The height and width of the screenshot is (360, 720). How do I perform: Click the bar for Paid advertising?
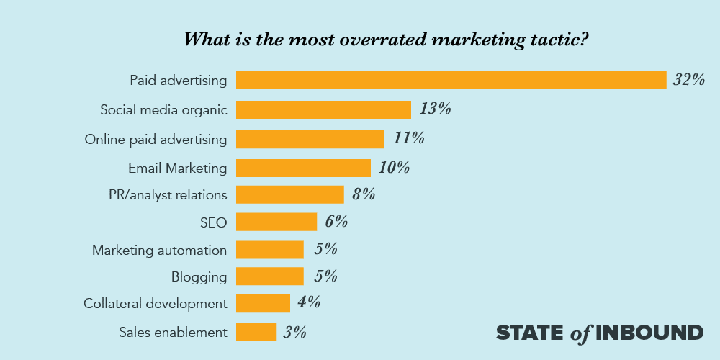pos(451,80)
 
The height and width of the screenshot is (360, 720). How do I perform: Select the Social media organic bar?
pos(323,109)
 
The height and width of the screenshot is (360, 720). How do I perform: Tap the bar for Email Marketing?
pos(303,168)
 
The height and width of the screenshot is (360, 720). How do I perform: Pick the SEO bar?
pos(276,222)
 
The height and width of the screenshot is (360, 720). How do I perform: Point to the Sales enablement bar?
pos(256,332)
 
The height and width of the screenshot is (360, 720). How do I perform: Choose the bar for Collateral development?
pos(263,303)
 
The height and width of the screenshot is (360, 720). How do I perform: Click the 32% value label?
pos(688,80)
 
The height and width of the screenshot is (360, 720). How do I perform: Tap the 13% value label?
pos(436,109)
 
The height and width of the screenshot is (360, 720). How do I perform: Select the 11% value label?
pos(408,138)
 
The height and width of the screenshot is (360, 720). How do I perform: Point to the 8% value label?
pos(364,194)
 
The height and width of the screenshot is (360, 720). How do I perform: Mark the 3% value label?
pos(295,332)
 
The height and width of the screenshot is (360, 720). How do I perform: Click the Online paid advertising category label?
pos(156,139)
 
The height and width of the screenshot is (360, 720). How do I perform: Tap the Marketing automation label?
pos(159,251)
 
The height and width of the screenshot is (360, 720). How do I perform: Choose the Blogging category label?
pos(199,277)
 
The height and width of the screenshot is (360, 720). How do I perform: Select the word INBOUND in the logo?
pos(649,333)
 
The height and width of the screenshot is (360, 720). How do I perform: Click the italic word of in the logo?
pos(580,333)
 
